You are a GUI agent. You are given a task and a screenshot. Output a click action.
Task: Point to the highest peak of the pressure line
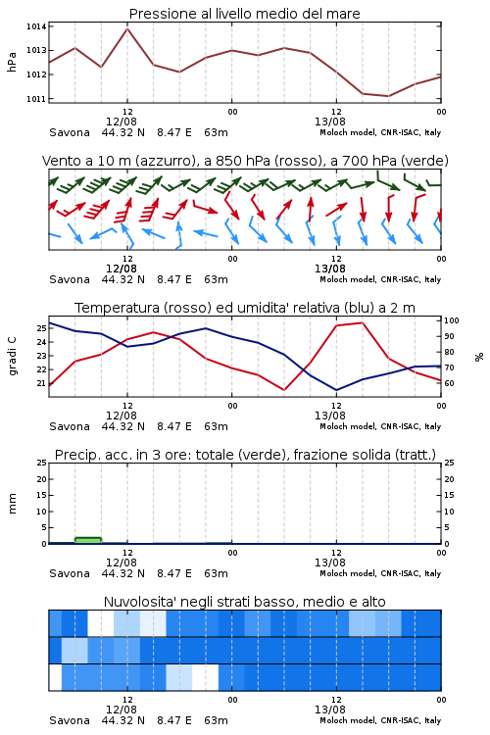pos(127,28)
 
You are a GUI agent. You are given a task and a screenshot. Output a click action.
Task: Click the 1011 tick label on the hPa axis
pos(36,99)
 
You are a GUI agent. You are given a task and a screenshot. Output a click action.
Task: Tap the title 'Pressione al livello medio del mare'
pos(244,14)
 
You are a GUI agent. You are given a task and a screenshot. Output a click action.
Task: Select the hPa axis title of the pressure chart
pos(12,62)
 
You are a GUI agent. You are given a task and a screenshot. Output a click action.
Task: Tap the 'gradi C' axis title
pos(12,356)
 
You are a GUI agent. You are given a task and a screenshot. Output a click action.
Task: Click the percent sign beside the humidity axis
pos(479,357)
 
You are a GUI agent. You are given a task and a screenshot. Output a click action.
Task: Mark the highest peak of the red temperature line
pos(362,322)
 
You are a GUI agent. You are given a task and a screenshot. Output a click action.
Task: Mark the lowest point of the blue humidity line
pos(336,390)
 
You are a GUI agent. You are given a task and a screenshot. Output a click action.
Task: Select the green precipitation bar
pos(88,540)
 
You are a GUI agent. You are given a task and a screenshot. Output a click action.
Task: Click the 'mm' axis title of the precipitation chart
pos(12,503)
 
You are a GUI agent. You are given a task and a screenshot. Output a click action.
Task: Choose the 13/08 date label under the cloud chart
pos(330,710)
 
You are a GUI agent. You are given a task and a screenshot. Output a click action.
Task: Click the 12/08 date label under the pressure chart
pos(122,122)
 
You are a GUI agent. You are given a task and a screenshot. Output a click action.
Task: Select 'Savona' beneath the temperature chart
pos(70,426)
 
